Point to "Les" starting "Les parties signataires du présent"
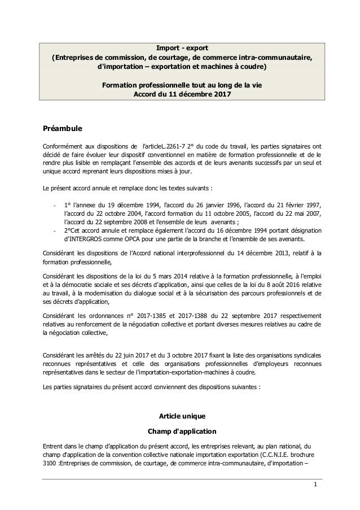[x=48, y=388]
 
